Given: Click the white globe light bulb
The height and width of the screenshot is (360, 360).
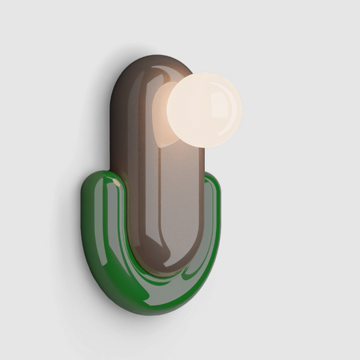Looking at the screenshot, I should click(204, 109).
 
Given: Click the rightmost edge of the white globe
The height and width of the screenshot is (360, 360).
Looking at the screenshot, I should click(241, 108).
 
